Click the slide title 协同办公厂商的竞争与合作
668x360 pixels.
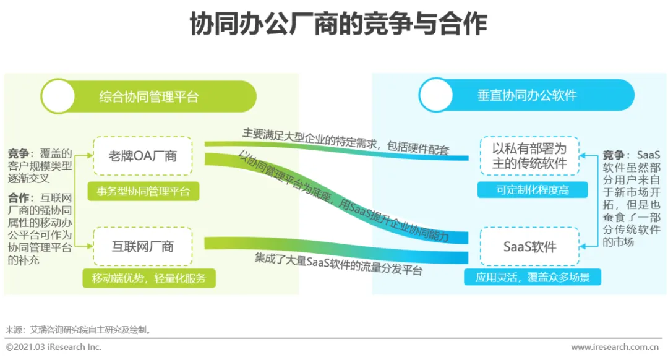click(x=333, y=25)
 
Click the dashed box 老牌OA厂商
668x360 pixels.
click(x=142, y=156)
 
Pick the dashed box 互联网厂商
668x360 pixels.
click(x=142, y=247)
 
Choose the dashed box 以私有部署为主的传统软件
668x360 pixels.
click(x=529, y=157)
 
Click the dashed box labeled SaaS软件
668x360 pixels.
click(x=529, y=247)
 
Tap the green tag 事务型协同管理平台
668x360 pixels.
click(x=143, y=191)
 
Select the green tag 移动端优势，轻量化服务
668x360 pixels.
click(x=149, y=278)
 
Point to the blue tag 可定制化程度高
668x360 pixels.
click(x=533, y=190)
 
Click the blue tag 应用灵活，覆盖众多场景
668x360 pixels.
click(x=533, y=278)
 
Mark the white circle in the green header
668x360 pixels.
click(x=58, y=96)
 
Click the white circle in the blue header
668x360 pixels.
click(x=436, y=95)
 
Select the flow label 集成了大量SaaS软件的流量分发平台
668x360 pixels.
click(x=338, y=264)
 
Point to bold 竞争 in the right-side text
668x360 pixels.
click(x=615, y=155)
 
